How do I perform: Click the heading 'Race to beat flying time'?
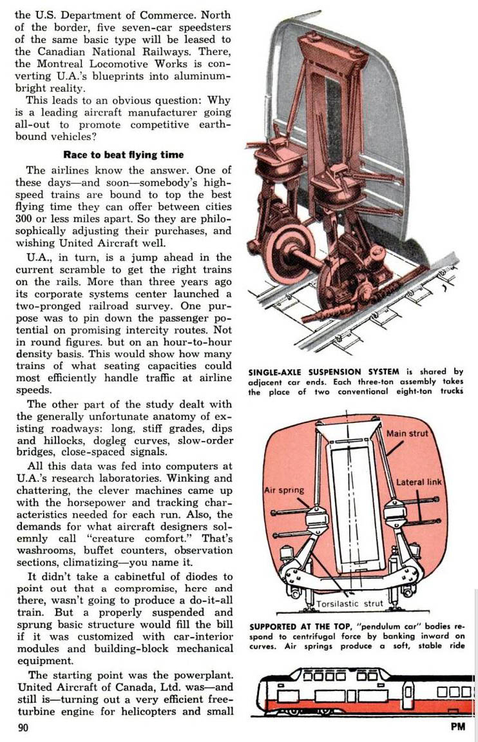tap(124, 154)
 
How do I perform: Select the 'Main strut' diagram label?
tap(406, 433)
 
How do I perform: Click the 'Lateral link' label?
tap(419, 482)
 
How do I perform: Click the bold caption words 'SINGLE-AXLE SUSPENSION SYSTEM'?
tap(322, 371)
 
